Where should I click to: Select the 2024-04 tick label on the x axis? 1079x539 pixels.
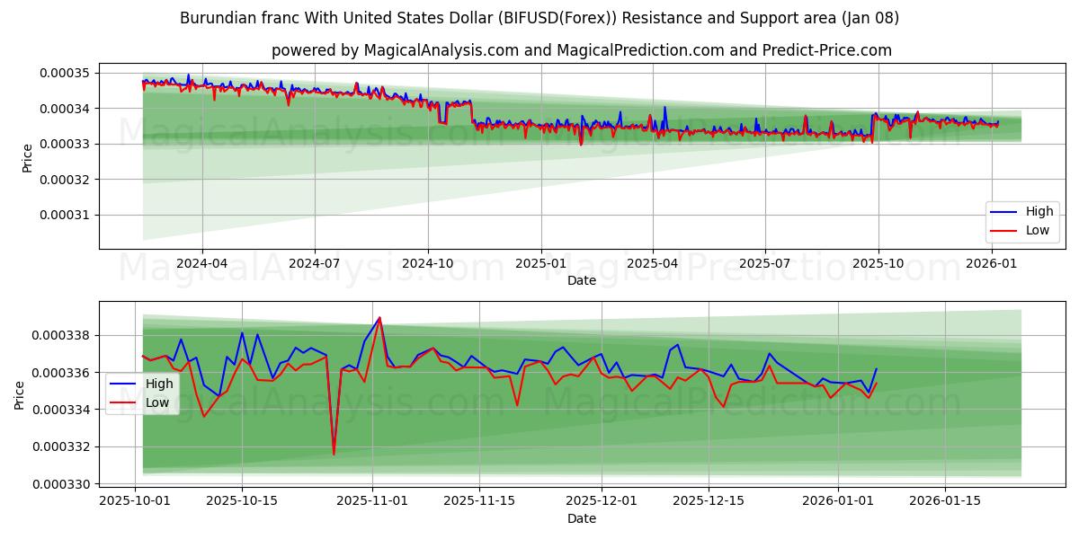(201, 263)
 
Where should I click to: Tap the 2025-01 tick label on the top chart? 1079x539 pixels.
(540, 263)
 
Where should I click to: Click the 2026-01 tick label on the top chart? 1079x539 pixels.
(992, 263)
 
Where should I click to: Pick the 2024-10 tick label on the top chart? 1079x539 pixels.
(427, 263)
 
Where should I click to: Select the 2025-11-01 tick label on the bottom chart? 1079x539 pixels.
(371, 500)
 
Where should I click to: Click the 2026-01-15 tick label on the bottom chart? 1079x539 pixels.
(945, 500)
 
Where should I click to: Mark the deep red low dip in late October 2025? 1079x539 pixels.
(334, 454)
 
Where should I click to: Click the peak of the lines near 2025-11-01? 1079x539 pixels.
(379, 318)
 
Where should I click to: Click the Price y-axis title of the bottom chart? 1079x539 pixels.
(19, 395)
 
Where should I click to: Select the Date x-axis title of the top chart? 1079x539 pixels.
(581, 280)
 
